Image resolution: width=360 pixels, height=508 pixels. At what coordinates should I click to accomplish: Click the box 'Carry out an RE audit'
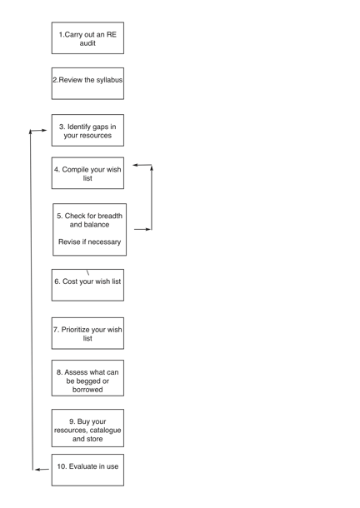87,38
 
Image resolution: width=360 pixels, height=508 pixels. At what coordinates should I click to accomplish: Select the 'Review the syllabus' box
87,83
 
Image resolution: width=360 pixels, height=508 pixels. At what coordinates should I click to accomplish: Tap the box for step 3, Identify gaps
87,130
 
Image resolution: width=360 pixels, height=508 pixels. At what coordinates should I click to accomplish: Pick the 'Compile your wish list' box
87,173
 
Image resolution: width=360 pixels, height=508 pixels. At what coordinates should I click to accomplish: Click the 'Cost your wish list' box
87,285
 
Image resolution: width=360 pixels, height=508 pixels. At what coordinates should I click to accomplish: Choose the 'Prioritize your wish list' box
87,333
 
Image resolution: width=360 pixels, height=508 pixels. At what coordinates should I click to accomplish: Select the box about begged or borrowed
87,378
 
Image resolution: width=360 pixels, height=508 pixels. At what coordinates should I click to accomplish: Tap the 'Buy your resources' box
87,428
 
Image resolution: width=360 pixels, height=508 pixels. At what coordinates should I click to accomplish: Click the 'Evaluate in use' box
87,470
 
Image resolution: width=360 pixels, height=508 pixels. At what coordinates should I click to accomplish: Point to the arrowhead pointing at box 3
45,130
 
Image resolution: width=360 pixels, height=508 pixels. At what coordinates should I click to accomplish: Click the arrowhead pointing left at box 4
135,165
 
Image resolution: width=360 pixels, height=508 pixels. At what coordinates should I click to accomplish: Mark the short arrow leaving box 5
142,229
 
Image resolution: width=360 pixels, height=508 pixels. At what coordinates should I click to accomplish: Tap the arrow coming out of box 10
42,469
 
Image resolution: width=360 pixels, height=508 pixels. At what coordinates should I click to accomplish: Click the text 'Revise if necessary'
89,242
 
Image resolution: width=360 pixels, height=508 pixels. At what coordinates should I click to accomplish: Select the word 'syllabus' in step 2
109,80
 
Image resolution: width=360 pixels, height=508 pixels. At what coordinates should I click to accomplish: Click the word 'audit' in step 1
87,43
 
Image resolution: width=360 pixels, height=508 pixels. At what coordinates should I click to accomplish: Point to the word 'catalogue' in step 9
105,431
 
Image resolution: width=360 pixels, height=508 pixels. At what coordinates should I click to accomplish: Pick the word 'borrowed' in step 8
87,390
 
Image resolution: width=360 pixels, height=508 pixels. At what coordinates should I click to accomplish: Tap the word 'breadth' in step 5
110,216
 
